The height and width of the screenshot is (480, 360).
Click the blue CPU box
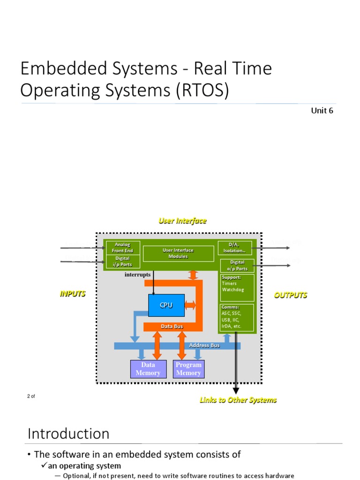(x=166, y=305)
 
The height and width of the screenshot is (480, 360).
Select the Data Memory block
(x=148, y=369)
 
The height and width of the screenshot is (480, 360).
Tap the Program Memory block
(x=188, y=369)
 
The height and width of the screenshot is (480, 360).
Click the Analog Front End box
(x=122, y=247)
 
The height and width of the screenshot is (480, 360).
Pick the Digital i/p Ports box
(x=122, y=262)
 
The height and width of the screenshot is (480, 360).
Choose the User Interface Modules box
(x=178, y=254)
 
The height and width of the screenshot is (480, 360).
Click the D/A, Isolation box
(x=234, y=247)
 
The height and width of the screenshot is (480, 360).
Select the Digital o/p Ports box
(x=237, y=265)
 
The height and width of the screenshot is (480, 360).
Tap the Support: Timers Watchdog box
(x=237, y=287)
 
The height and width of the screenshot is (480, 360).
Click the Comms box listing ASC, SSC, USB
(x=237, y=317)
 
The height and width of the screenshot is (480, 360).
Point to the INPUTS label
(x=73, y=294)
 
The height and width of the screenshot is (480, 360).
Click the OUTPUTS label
(x=291, y=295)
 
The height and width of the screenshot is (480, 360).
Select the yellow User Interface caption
(x=182, y=221)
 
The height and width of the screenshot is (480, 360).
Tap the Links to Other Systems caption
(x=238, y=400)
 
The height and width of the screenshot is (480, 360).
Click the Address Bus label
(x=204, y=345)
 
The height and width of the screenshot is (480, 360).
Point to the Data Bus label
(x=172, y=326)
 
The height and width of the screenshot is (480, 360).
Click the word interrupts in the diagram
(x=138, y=275)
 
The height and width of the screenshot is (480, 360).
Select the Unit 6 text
(x=322, y=111)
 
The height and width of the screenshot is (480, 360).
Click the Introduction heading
(x=68, y=433)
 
